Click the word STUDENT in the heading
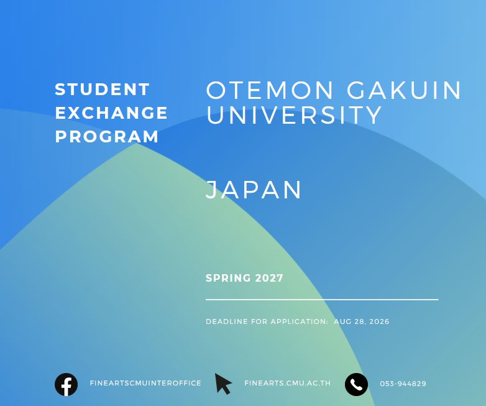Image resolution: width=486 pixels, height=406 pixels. pos(103,90)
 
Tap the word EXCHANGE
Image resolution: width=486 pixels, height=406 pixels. pos(111,113)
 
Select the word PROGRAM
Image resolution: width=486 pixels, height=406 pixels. pos(107,136)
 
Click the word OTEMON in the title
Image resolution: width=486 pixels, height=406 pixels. pos(270,90)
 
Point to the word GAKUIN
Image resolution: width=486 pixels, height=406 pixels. pos(404,90)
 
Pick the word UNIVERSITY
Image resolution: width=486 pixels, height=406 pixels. pos(294,114)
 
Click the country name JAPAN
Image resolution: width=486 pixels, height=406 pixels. pos(254,190)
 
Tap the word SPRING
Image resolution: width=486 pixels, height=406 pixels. pos(228,278)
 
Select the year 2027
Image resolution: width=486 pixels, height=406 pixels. pos(269,278)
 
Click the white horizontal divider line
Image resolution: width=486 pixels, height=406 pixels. pos(322,300)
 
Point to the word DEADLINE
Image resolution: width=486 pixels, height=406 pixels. pos(227,321)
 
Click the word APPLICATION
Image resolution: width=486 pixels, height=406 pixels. pos(300,321)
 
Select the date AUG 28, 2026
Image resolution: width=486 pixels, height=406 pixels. pos(362,321)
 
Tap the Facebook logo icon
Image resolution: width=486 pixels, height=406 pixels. pos(66,385)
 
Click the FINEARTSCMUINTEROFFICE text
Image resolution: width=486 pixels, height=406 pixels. pos(145,384)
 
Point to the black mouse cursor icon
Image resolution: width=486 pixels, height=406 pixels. pos(223,384)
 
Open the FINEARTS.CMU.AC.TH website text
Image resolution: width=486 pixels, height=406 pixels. pos(288,384)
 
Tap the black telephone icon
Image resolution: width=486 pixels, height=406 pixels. pos(357,385)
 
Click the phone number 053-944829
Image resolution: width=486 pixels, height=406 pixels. pos(403,384)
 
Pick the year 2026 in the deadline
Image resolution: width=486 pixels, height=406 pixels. pos(380,321)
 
